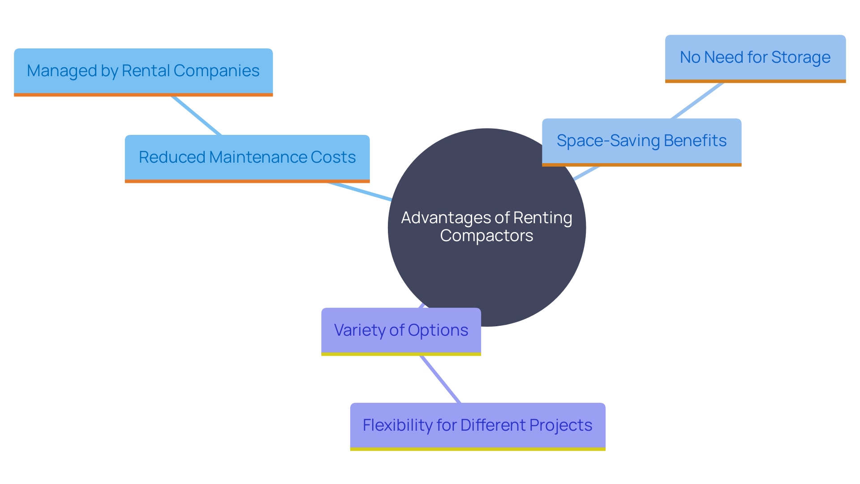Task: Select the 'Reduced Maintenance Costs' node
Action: (x=247, y=158)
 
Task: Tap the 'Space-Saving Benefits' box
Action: (x=641, y=141)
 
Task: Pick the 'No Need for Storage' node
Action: (x=755, y=58)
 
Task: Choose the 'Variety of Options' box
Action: (x=401, y=331)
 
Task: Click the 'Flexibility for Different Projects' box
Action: (x=477, y=426)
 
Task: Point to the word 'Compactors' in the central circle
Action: (x=486, y=236)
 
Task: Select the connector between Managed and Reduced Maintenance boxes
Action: (x=196, y=115)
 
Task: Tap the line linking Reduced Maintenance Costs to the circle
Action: (x=360, y=191)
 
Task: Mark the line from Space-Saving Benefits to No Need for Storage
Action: (x=697, y=100)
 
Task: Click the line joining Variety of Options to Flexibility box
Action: (x=440, y=379)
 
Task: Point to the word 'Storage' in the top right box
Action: (x=800, y=58)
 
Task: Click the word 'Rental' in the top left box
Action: (x=146, y=71)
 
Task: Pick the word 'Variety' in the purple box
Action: (x=360, y=330)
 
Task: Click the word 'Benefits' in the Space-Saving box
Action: (x=695, y=141)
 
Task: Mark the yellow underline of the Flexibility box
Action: (x=477, y=449)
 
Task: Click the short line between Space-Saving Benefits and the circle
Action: (x=586, y=173)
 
